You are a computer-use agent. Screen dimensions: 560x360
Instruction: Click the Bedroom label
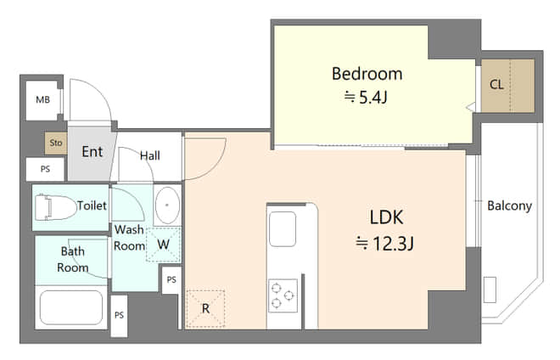(367, 74)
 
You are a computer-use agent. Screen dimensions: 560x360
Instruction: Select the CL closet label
(496, 85)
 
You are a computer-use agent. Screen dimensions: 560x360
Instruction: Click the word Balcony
(510, 206)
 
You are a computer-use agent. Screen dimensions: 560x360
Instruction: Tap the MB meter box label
(43, 99)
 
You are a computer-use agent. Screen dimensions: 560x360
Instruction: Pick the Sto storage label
(56, 143)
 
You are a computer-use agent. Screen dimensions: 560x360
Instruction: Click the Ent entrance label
(92, 152)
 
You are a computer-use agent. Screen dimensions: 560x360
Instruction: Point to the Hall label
(150, 156)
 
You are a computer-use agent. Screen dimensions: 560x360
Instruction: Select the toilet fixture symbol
(55, 207)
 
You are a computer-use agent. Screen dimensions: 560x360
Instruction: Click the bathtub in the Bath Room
(71, 307)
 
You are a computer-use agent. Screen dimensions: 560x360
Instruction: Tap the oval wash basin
(167, 205)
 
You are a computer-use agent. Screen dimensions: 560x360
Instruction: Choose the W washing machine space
(163, 245)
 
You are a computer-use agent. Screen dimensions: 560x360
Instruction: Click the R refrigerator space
(205, 308)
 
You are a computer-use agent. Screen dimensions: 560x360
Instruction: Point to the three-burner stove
(283, 295)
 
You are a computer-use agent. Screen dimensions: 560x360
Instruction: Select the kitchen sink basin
(283, 229)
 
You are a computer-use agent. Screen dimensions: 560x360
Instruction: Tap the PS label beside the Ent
(45, 169)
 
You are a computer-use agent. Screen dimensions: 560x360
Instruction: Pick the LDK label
(386, 217)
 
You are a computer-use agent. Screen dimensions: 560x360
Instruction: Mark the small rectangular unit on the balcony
(490, 290)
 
